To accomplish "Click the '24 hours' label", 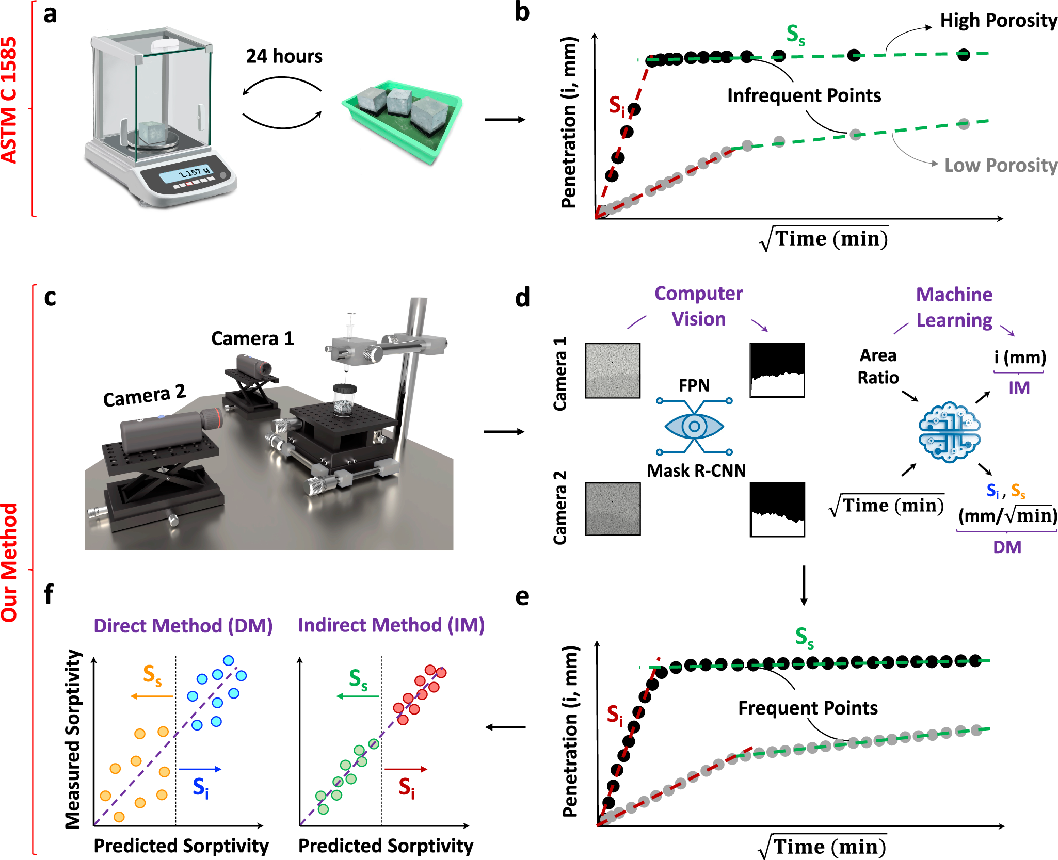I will click(284, 56).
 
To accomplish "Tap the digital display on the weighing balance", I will click(194, 173).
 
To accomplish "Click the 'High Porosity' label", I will click(998, 21).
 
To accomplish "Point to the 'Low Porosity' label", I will click(1000, 166).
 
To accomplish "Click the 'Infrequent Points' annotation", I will click(804, 96).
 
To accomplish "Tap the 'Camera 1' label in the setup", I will click(252, 339).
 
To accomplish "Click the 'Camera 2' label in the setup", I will click(144, 396).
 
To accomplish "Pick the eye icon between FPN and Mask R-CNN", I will click(694, 426).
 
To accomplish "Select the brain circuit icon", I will click(949, 432).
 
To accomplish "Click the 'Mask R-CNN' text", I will click(696, 470).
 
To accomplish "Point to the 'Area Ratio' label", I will click(878, 366).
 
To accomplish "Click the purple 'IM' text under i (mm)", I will click(1019, 387).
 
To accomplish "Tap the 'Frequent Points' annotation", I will click(808, 708).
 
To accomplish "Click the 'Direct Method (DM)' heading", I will click(183, 626).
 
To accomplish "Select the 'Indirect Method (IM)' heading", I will click(391, 625).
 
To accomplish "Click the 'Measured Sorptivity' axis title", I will click(73, 739).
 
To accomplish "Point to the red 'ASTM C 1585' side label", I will click(9, 101).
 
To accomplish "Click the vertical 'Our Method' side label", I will click(9, 562).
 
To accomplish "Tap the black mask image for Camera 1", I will click(777, 370).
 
